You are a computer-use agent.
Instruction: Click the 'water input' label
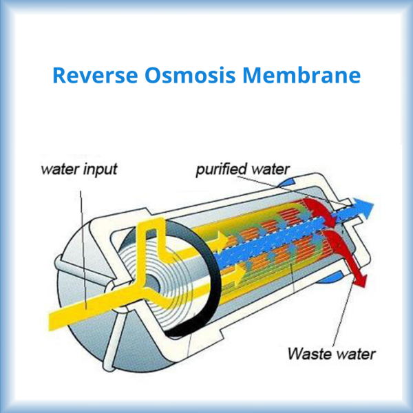point(79,169)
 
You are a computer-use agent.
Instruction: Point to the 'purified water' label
point(243,169)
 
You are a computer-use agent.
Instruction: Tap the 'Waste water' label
point(332,354)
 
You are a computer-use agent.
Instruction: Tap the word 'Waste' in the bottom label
point(307,354)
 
